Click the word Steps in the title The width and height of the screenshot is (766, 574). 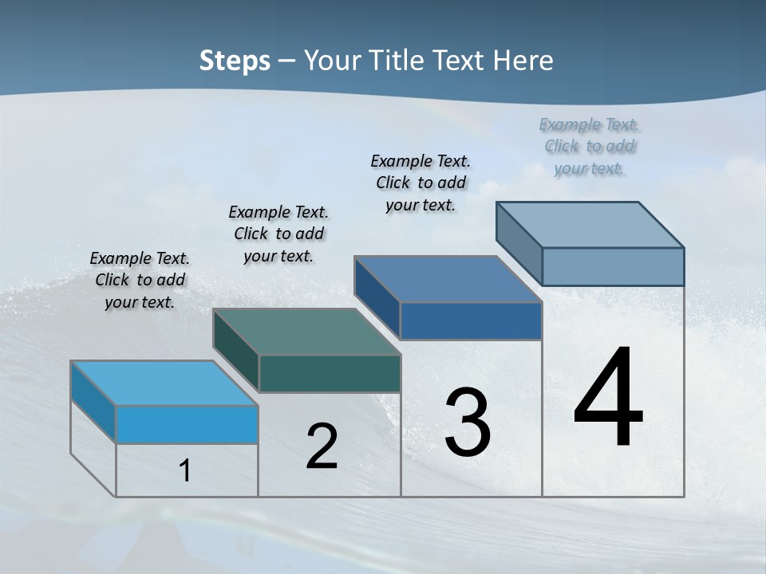235,61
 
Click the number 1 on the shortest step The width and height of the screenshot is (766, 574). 185,470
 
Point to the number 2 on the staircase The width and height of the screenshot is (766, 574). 322,447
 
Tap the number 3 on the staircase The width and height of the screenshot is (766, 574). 468,423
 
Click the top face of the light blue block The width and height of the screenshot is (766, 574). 164,383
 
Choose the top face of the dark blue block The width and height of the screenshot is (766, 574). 448,279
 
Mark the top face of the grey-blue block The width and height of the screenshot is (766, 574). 590,225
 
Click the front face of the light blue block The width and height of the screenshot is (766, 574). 187,424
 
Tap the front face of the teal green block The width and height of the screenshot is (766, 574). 330,373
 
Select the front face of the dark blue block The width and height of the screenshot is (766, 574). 471,320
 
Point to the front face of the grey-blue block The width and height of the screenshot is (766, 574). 613,266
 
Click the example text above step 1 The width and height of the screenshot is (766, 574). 140,280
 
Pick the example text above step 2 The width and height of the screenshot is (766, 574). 278,234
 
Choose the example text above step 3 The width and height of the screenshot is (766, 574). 421,183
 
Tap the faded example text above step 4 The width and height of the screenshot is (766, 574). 590,146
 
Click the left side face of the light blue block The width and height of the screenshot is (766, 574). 93,402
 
